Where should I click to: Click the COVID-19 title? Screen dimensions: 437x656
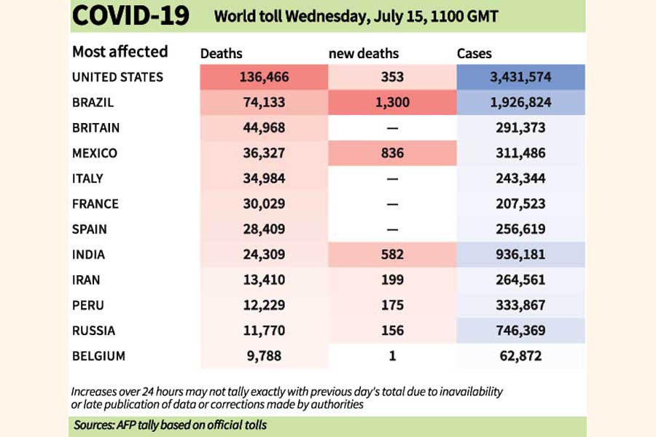pyautogui.click(x=131, y=16)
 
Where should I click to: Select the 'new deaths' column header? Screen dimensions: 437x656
pyautogui.click(x=364, y=53)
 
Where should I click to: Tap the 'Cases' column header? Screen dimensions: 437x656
pyautogui.click(x=474, y=53)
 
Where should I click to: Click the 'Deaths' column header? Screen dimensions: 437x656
pyautogui.click(x=222, y=53)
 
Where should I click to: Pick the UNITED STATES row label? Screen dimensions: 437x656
pyautogui.click(x=117, y=77)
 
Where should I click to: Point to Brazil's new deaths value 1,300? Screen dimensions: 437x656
pyautogui.click(x=392, y=103)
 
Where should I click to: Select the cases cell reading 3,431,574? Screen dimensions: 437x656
pyautogui.click(x=520, y=77)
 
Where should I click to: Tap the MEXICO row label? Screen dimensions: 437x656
pyautogui.click(x=95, y=154)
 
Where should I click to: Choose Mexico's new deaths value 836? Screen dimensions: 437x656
pyautogui.click(x=392, y=154)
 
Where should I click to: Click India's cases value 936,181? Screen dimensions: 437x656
pyautogui.click(x=520, y=255)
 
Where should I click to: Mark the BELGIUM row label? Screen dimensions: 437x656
pyautogui.click(x=98, y=356)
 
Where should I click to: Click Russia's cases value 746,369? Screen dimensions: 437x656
pyautogui.click(x=520, y=331)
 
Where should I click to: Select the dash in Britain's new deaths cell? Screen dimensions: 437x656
pyautogui.click(x=392, y=128)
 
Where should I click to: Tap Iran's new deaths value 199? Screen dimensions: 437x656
pyautogui.click(x=392, y=280)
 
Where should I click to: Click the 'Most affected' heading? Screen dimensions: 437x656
pyautogui.click(x=120, y=52)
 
